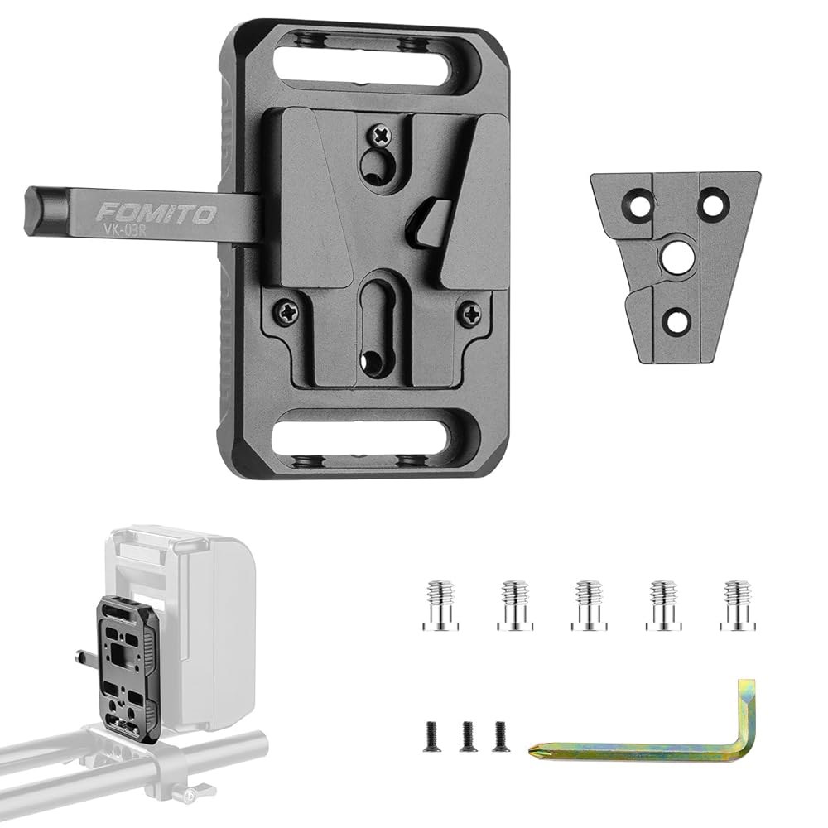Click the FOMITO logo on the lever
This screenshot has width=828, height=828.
point(156,214)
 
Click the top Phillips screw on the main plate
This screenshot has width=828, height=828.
point(381,136)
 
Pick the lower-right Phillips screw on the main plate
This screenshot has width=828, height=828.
point(471,315)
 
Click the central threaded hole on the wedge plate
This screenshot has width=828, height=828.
point(672,260)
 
